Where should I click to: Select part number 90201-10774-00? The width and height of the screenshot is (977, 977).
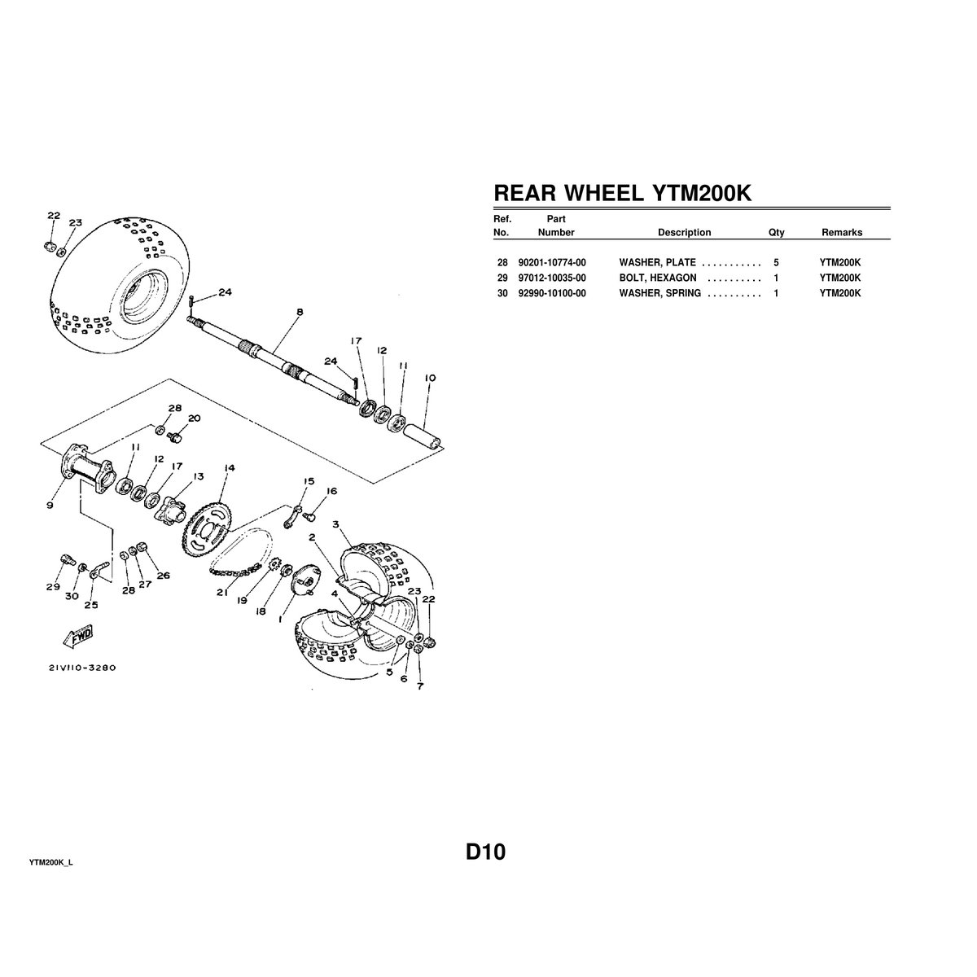552,264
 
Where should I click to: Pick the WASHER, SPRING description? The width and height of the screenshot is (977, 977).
660,293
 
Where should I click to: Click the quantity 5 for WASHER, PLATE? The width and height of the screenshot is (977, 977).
776,264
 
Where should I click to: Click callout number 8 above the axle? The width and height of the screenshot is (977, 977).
300,311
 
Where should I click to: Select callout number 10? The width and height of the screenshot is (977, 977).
431,378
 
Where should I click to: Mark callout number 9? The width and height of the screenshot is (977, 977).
50,506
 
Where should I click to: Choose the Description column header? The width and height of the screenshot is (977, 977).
684,233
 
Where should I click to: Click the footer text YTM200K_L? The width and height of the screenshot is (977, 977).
51,862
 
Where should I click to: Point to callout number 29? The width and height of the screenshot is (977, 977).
54,587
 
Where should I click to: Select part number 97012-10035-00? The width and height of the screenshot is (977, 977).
552,278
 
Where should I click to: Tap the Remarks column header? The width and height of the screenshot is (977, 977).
841,233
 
